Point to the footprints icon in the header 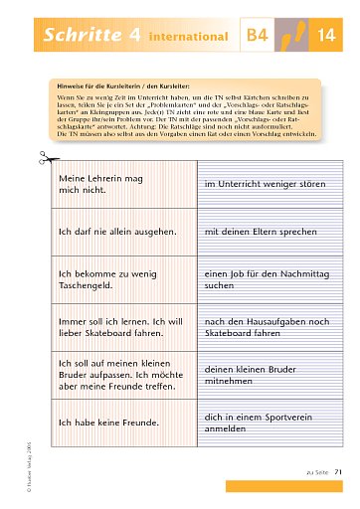[292, 36]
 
